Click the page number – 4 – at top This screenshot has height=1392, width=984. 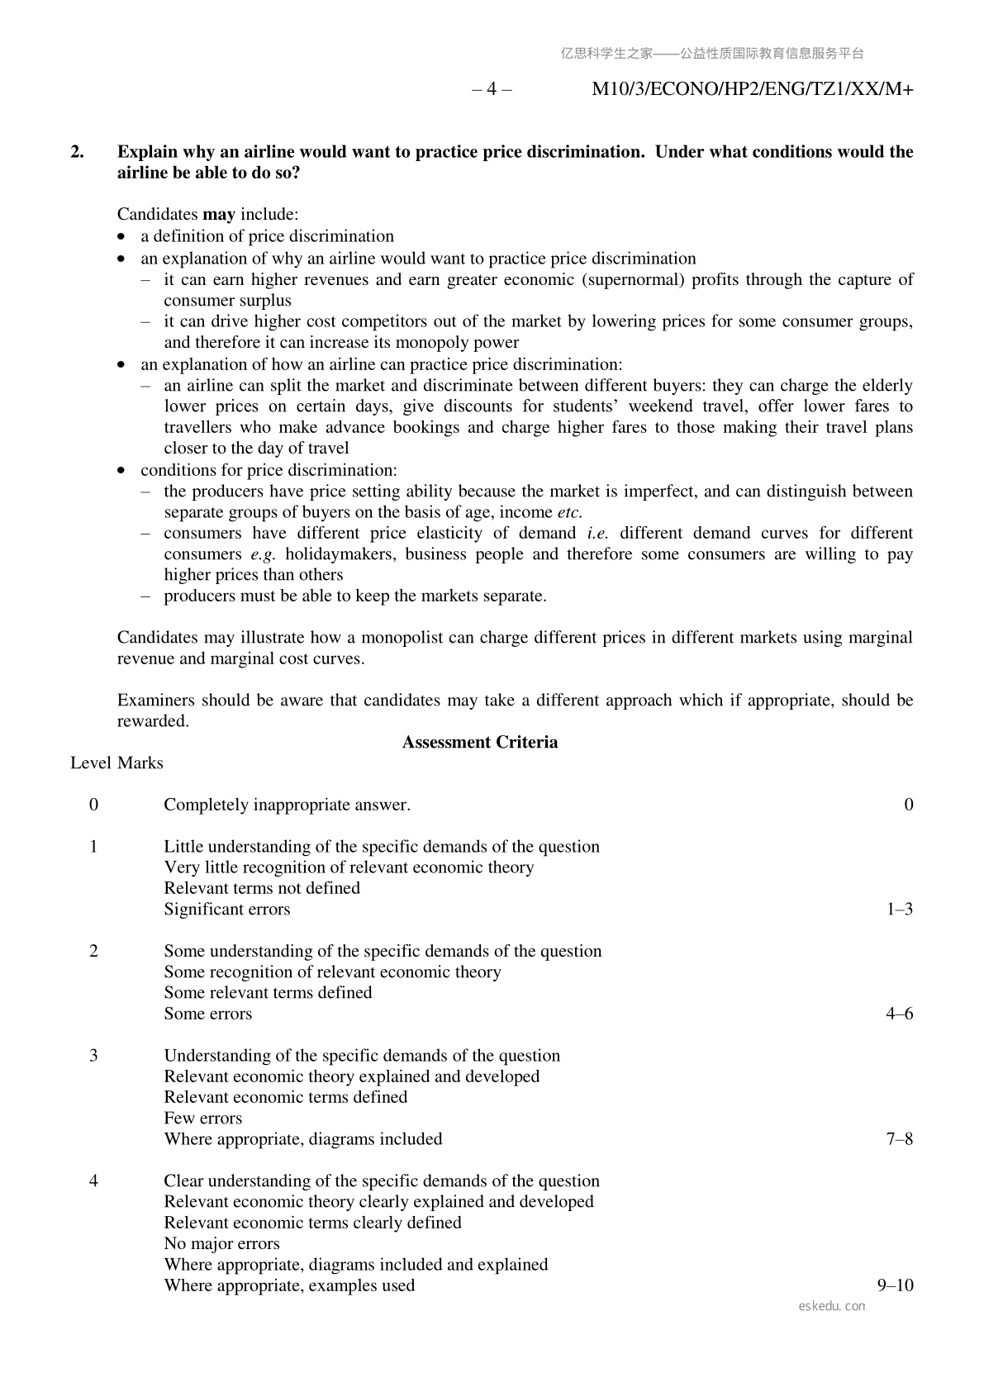click(492, 89)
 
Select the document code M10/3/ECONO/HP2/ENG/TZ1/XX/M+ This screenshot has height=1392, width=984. click(752, 89)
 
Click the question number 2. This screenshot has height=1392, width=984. click(77, 152)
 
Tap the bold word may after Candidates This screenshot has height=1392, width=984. click(219, 215)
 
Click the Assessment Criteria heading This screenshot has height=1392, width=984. click(479, 742)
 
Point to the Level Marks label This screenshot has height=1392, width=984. click(116, 763)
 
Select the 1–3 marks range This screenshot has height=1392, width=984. click(899, 909)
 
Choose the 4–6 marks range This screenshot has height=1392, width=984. click(899, 1014)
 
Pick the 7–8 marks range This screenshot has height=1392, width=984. click(899, 1138)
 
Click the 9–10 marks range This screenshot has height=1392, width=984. click(895, 1285)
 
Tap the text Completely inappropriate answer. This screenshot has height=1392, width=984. click(287, 805)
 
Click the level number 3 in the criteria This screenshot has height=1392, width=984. click(93, 1055)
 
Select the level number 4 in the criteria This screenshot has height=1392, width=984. click(93, 1181)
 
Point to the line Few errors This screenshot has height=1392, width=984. click(203, 1118)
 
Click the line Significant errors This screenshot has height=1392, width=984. click(227, 909)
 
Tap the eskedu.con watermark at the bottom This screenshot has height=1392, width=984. click(832, 1306)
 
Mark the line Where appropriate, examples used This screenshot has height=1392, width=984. click(289, 1285)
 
